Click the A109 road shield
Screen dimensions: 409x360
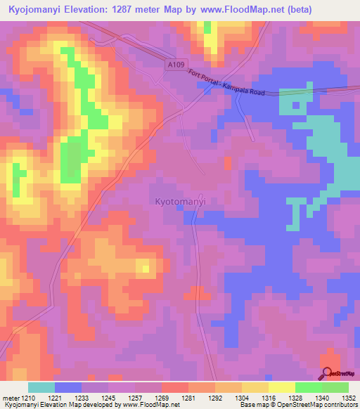176,65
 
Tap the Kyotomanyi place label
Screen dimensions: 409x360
179,201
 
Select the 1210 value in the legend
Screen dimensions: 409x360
27,397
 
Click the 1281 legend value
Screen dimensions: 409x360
187,397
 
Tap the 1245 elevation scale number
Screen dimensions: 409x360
108,397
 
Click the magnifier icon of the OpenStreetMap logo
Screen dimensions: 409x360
326,373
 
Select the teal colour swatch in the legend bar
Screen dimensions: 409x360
41,387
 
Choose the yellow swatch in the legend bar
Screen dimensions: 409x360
281,387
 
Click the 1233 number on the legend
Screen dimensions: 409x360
81,397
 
